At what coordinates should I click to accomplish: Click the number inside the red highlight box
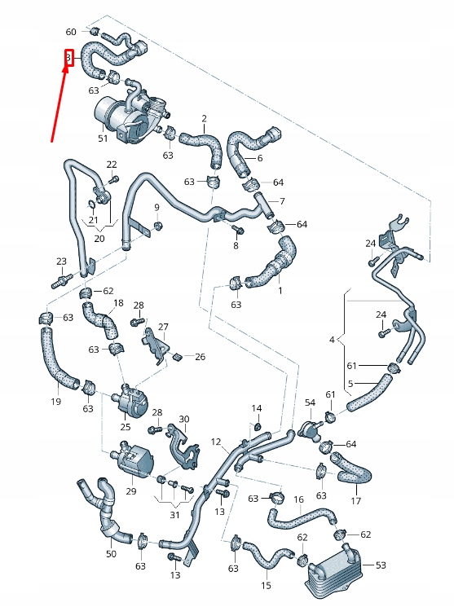(69, 59)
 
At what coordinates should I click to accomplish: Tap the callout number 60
(71, 32)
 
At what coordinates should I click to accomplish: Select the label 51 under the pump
(103, 139)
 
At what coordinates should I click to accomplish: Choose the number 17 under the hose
(355, 500)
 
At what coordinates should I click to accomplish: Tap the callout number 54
(310, 402)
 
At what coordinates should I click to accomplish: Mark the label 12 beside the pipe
(216, 442)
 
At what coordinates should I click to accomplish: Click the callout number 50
(111, 554)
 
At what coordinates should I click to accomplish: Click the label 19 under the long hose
(56, 401)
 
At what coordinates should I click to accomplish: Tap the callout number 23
(61, 262)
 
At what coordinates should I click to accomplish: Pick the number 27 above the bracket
(163, 327)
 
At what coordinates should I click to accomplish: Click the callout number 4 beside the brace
(332, 338)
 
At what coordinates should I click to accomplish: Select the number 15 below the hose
(266, 585)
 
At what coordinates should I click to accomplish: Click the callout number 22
(112, 165)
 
